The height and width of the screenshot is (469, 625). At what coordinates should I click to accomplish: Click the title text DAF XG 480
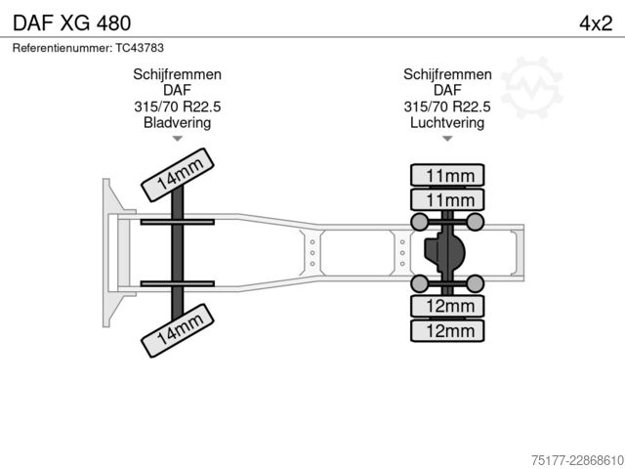pyautogui.click(x=71, y=22)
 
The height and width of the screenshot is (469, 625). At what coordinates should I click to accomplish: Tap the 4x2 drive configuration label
pyautogui.click(x=596, y=23)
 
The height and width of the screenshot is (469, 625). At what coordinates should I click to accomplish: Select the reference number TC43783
pyautogui.click(x=140, y=48)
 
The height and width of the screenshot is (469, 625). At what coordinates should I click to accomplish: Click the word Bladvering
pyautogui.click(x=177, y=122)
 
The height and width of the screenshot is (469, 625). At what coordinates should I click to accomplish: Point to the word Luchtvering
pyautogui.click(x=447, y=122)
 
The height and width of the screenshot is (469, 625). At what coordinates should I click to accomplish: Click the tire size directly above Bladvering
pyautogui.click(x=177, y=107)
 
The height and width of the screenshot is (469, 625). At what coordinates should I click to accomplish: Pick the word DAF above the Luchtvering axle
pyautogui.click(x=447, y=90)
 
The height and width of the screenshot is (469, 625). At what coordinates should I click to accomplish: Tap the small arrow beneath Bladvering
pyautogui.click(x=178, y=139)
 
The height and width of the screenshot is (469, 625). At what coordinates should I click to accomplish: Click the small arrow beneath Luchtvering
pyautogui.click(x=447, y=139)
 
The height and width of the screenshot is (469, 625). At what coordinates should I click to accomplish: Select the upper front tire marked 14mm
pyautogui.click(x=178, y=175)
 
